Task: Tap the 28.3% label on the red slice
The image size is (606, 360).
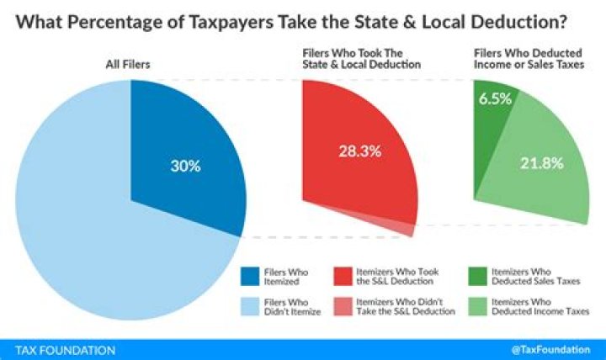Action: point(361,151)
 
